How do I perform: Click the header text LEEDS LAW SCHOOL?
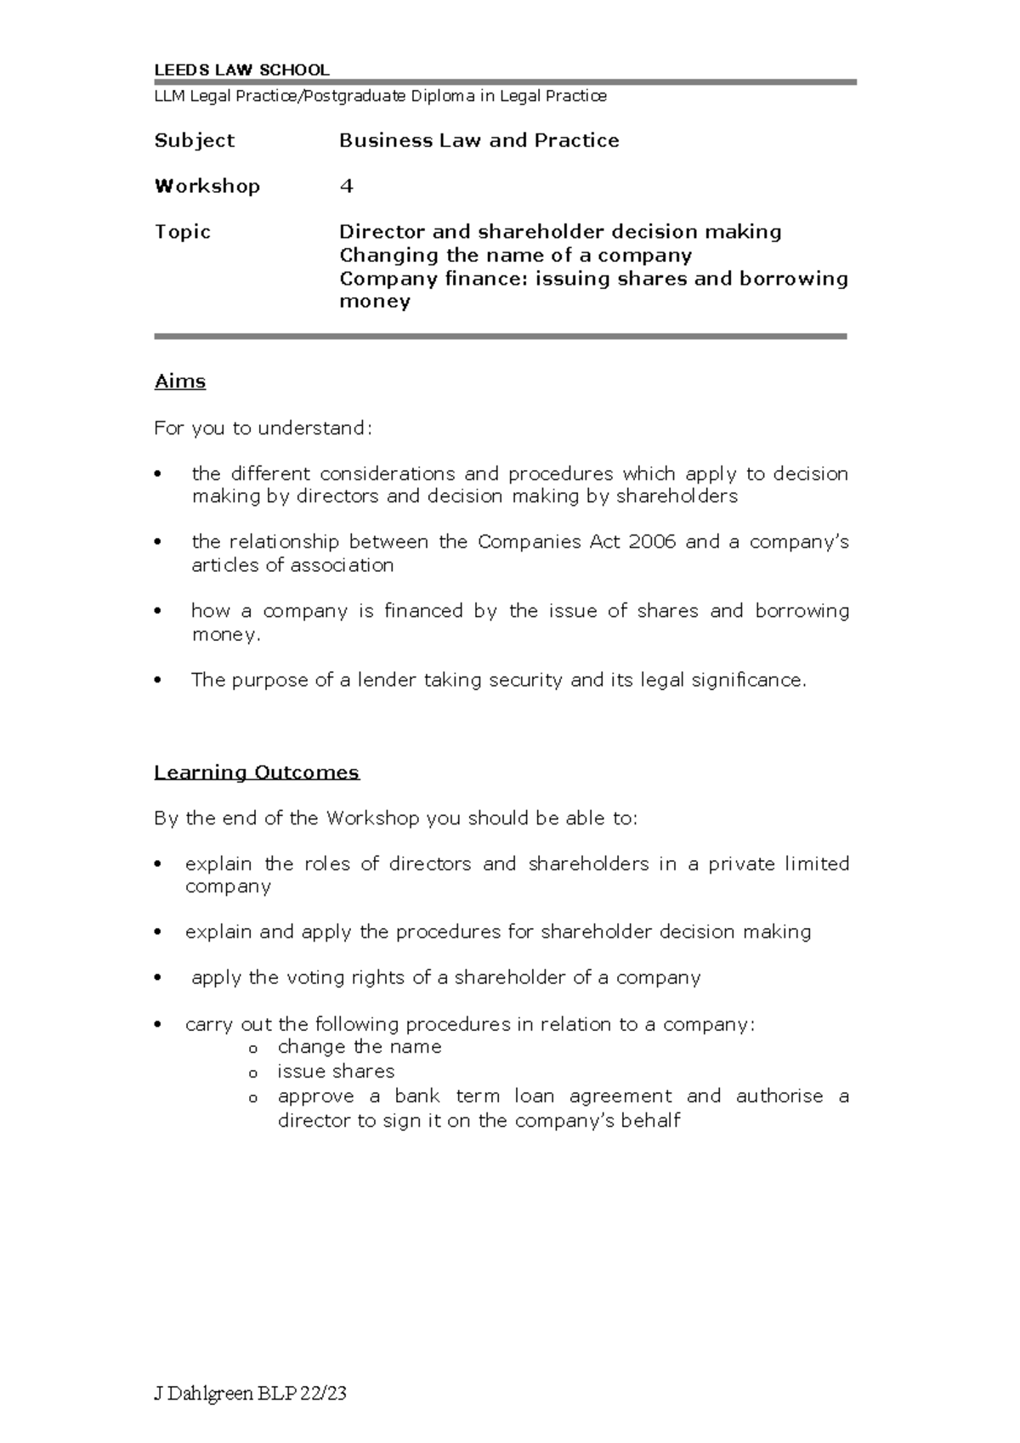(241, 71)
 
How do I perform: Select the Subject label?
(194, 141)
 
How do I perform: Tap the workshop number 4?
(346, 186)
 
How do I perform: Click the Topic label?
(182, 232)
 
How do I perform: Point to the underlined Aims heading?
(180, 382)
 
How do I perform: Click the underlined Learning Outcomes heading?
(257, 772)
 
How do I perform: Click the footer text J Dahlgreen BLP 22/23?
(250, 1395)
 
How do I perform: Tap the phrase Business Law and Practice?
(479, 141)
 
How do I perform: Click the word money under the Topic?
(375, 302)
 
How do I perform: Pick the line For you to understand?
(263, 428)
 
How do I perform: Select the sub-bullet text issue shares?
(336, 1072)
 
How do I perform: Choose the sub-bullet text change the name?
(360, 1047)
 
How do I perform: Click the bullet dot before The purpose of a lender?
(158, 681)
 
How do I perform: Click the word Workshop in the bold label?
(207, 186)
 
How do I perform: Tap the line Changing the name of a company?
(515, 256)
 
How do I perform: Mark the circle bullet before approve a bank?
(252, 1098)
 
